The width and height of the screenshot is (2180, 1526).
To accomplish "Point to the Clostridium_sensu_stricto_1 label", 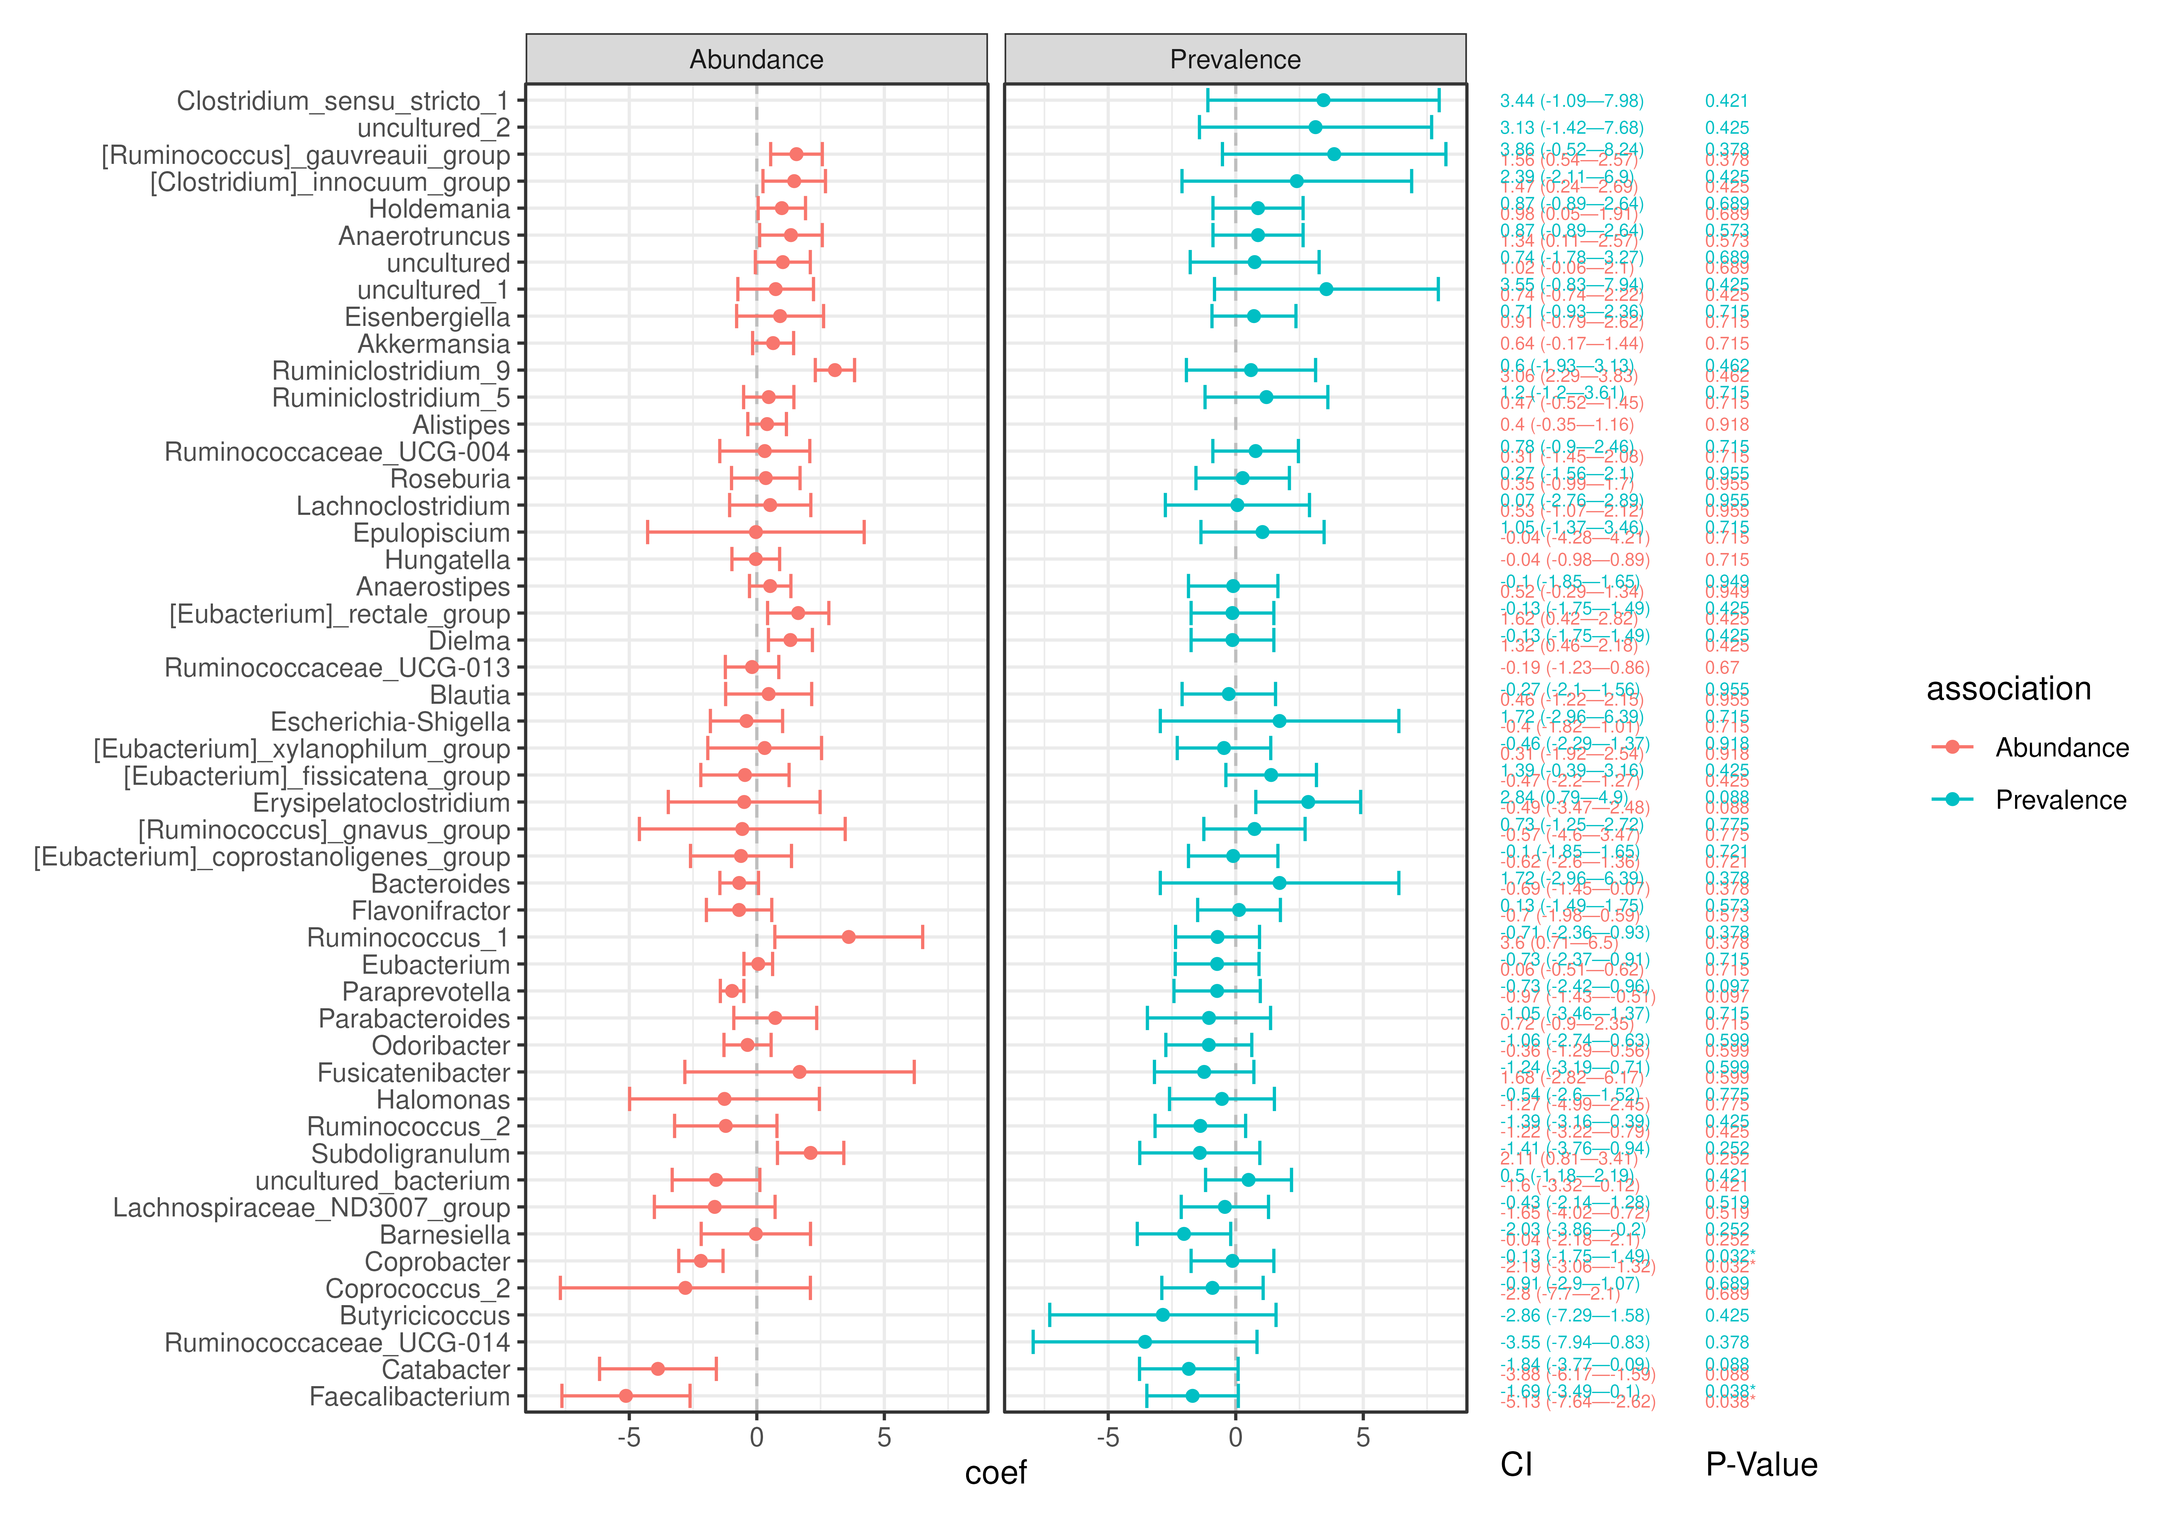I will tap(343, 101).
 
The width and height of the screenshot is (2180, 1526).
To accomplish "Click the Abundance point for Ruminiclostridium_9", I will tap(835, 370).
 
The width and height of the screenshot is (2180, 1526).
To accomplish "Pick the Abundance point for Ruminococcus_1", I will tap(848, 937).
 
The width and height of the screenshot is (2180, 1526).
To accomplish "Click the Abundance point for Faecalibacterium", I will tap(626, 1396).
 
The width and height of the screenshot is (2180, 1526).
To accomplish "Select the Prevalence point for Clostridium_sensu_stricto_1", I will tap(1323, 101).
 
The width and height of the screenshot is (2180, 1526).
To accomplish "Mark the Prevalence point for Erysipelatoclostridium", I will tap(1307, 802).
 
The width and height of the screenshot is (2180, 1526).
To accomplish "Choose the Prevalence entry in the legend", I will tap(2060, 800).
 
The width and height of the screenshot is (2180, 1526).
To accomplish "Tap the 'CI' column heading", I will tap(1516, 1465).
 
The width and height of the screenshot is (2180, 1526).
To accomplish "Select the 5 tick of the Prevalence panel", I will tap(1362, 1438).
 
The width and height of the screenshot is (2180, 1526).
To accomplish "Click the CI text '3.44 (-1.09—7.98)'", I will tap(1571, 101).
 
